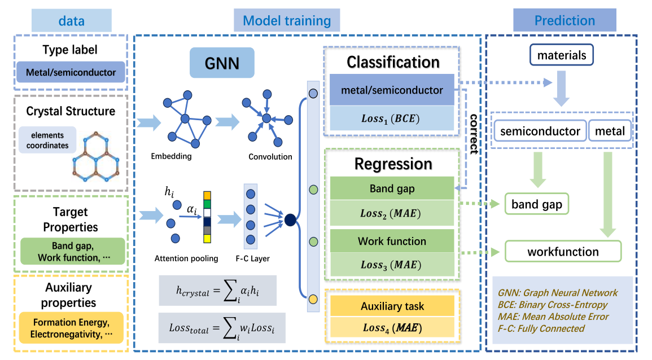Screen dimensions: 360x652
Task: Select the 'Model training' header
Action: [x=287, y=21]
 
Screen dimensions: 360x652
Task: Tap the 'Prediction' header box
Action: [x=565, y=21]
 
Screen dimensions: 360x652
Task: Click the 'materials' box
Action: [x=561, y=55]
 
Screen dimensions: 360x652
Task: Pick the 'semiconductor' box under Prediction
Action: [x=540, y=131]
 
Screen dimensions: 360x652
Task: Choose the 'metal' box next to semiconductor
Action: [x=610, y=131]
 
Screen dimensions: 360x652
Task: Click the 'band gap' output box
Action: [x=536, y=204]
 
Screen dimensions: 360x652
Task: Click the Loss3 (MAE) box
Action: [x=392, y=264]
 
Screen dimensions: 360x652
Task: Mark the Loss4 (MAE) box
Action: [x=392, y=327]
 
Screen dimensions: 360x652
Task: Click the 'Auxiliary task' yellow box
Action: [x=392, y=306]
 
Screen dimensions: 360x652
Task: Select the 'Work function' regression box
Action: [x=392, y=241]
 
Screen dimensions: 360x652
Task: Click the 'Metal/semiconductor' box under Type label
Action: [x=71, y=72]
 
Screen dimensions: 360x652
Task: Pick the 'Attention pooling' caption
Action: [x=186, y=258]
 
